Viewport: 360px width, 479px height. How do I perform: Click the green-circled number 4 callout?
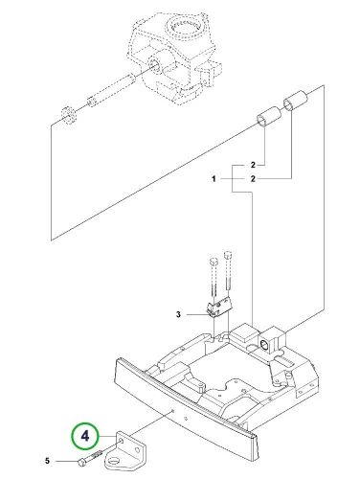(x=84, y=436)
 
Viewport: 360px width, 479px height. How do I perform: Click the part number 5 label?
(x=47, y=461)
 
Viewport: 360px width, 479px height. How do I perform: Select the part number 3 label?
(x=178, y=314)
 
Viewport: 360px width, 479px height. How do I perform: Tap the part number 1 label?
(x=214, y=179)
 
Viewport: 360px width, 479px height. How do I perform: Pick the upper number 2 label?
(x=253, y=165)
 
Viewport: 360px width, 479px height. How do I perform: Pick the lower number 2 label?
(x=253, y=179)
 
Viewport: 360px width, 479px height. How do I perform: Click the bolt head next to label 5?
(x=81, y=462)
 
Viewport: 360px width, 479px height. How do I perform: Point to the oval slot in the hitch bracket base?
(x=113, y=460)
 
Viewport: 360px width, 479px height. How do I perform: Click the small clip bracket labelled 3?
(x=219, y=307)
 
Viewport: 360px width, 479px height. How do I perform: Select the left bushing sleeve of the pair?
(x=269, y=117)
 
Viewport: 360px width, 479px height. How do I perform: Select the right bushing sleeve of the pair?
(x=295, y=101)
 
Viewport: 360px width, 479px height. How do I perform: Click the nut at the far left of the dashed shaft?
(x=68, y=115)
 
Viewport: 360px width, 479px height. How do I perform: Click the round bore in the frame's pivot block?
(x=264, y=344)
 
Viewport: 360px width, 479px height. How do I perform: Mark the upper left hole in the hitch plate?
(x=122, y=441)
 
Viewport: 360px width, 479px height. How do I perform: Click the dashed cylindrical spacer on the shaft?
(x=123, y=83)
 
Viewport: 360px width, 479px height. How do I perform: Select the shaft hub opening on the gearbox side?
(x=157, y=66)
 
